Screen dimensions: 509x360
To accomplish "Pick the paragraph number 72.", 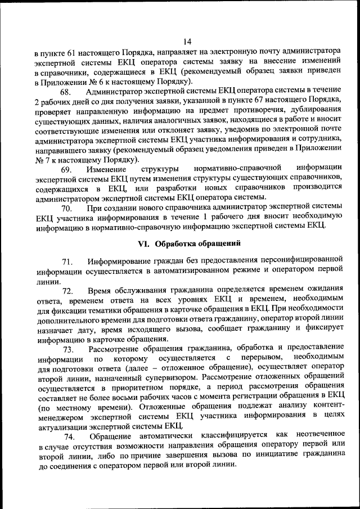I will (68, 291).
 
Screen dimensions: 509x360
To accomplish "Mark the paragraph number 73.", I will (68, 350).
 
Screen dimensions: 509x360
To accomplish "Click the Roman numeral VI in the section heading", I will (143, 244).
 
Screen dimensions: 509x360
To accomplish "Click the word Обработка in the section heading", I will (176, 244).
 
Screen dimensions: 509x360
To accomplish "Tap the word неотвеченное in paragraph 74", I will (316, 437).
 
